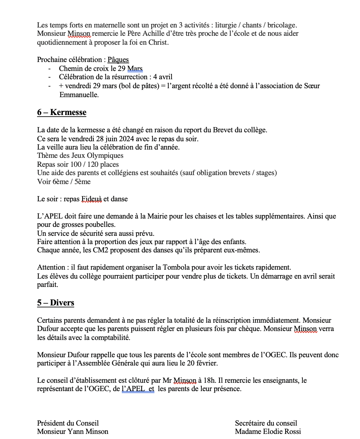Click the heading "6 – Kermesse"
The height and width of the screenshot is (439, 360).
click(62, 112)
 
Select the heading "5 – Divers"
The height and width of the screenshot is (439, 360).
click(56, 303)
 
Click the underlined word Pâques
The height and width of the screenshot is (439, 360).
click(118, 60)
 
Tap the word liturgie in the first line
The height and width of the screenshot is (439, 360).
click(226, 25)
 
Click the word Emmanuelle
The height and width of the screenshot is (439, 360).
click(79, 95)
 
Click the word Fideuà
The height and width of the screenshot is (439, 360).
click(91, 199)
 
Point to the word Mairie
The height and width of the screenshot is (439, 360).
click(157, 216)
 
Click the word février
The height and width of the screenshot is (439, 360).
click(207, 363)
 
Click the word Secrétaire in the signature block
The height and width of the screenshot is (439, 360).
click(250, 423)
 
